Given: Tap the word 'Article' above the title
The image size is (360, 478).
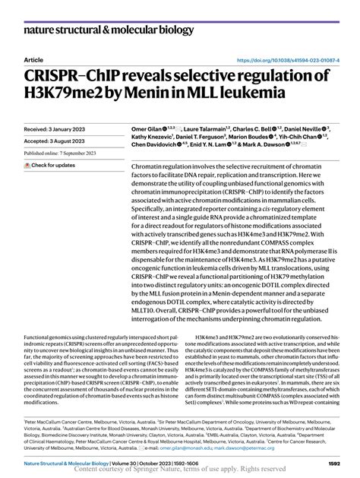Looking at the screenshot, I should coord(35,59).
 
